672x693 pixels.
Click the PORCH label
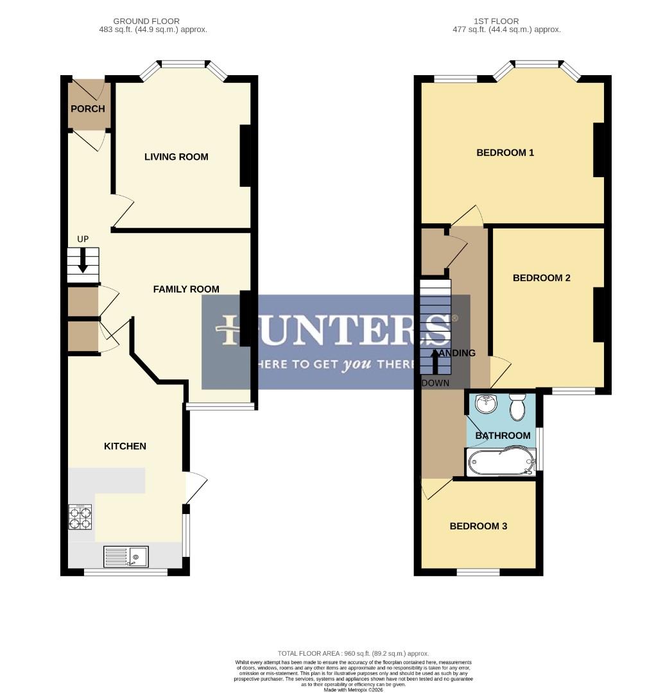[87, 108]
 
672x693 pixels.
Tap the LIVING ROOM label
[176, 157]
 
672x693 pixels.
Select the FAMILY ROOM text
[186, 289]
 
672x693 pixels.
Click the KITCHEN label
[125, 446]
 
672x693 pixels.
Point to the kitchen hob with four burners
[80, 517]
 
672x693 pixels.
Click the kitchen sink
[127, 556]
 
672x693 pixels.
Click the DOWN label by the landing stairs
[436, 383]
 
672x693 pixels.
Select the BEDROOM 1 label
[505, 153]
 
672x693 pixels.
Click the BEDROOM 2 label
[542, 278]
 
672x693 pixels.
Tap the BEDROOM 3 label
[478, 526]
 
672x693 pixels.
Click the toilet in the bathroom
[517, 406]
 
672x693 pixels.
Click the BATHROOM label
[503, 436]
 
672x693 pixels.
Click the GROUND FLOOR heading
[146, 21]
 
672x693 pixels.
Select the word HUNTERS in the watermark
[336, 330]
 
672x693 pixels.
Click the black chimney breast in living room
[245, 155]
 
